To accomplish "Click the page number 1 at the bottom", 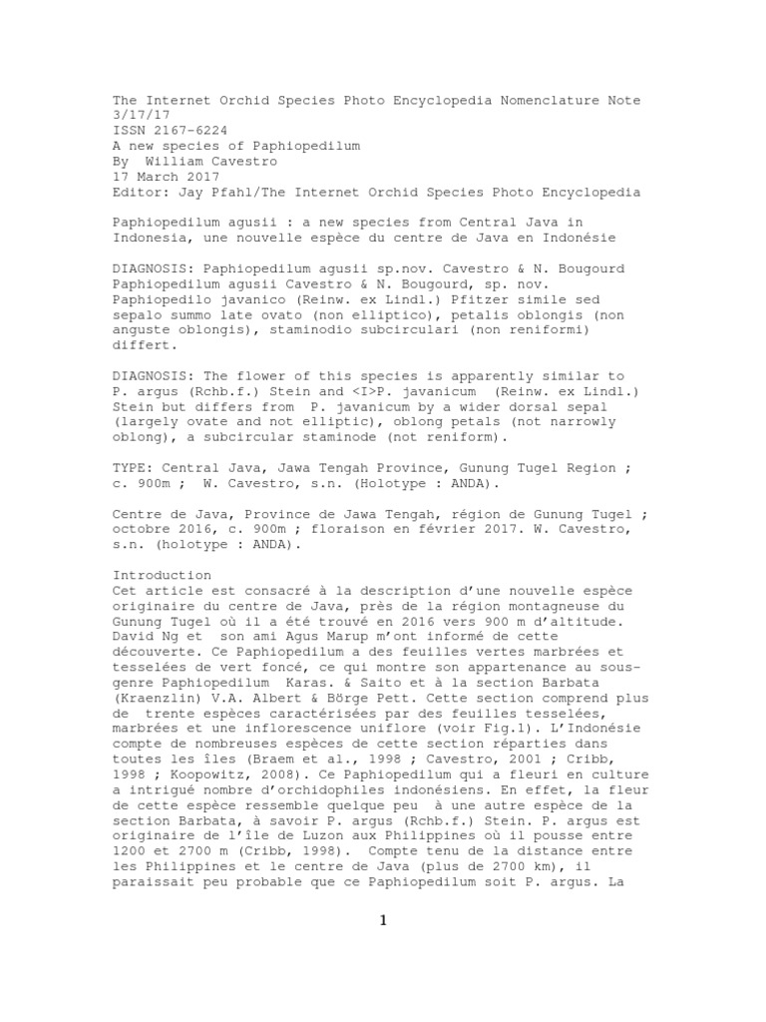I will click(383, 920).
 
